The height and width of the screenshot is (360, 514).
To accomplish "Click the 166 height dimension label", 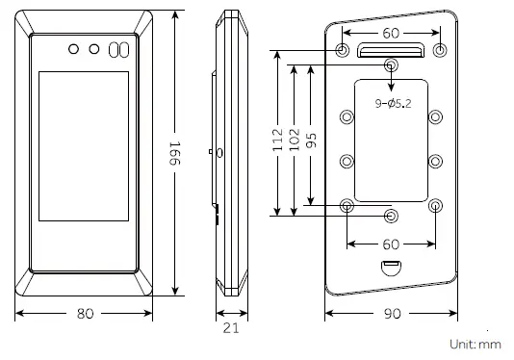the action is click(x=175, y=153).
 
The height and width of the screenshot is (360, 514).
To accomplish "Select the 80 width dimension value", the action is click(x=86, y=314).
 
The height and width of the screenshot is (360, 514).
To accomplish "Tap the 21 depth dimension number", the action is click(x=231, y=328).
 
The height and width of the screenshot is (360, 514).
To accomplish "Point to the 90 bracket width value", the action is click(x=392, y=314).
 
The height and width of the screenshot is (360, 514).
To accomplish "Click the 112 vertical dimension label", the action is click(x=277, y=140).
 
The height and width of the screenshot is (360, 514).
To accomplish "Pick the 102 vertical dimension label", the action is click(x=295, y=140).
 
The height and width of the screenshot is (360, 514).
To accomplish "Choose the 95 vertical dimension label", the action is click(x=312, y=140).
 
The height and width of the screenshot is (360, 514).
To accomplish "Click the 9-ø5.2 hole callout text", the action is click(x=393, y=104).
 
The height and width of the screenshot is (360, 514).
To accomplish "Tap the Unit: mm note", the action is click(x=475, y=345).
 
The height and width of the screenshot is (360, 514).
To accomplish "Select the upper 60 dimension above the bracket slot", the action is click(x=391, y=33).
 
